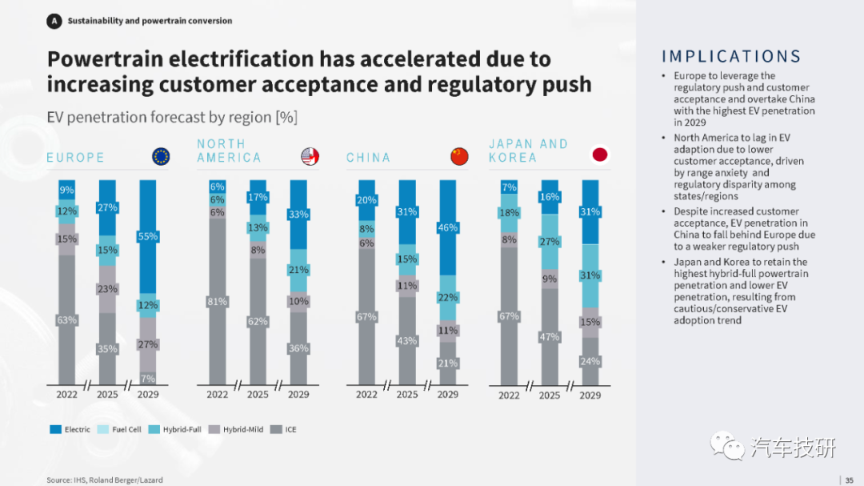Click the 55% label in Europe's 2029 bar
pos(148,237)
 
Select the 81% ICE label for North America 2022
pos(217,302)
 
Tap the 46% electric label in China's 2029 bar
pos(447,227)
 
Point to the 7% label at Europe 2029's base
pos(148,379)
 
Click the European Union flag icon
pos(161,157)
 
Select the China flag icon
pos(459,157)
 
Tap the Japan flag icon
pos(600,155)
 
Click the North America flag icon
pos(310,157)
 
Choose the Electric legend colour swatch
pos(56,429)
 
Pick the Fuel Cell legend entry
pos(119,429)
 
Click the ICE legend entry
pos(283,429)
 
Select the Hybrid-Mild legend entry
pos(236,429)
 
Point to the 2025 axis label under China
pos(407,395)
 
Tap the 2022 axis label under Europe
pos(66,395)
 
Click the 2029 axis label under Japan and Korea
pos(590,395)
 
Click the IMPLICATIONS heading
pos(731,56)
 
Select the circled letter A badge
pos(54,21)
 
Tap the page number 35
pos(849,480)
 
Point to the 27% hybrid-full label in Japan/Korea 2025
pos(550,242)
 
